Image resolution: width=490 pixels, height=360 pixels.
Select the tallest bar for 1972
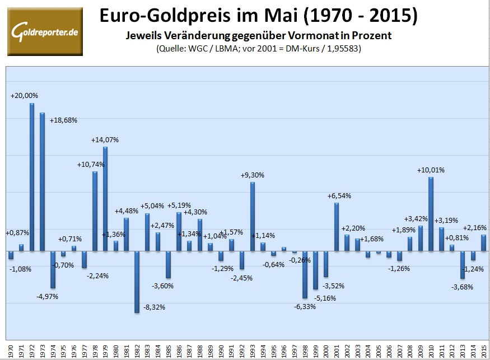point(31,177)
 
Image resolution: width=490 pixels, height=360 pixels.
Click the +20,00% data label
point(25,96)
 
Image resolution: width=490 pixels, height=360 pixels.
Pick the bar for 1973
point(42,182)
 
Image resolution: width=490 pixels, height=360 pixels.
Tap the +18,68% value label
point(63,120)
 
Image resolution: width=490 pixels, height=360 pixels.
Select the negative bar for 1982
point(137,282)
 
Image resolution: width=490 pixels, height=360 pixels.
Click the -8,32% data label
point(155,307)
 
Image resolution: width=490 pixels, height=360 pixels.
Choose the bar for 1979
point(105,199)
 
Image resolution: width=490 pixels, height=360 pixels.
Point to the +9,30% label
point(253,175)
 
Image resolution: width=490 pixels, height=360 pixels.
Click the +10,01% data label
point(431,170)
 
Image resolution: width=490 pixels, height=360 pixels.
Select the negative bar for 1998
point(305,274)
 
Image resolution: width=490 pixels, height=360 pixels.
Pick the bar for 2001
point(337,227)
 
